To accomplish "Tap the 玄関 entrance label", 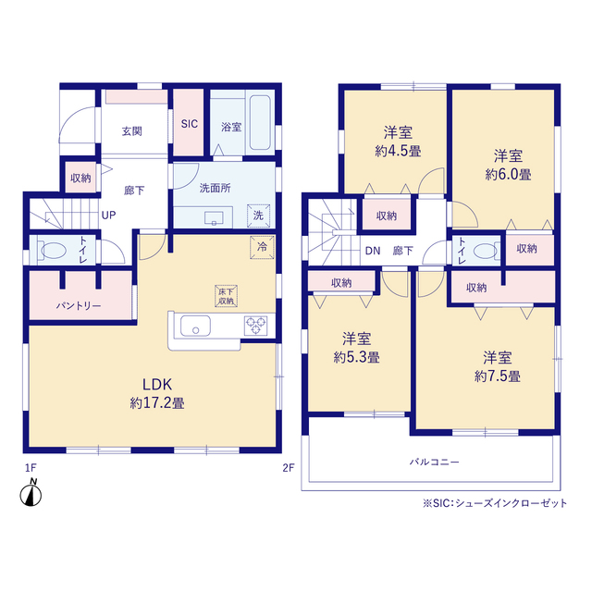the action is pos(131,131).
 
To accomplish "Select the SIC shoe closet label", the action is pos(189,124).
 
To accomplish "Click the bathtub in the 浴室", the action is pos(260,123).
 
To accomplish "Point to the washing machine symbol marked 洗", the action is pos(259,216).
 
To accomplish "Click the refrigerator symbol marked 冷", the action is pos(262,247).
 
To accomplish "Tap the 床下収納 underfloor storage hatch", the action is pos(226,296).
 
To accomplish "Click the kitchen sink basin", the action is pos(195,326).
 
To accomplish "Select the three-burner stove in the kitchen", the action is pos(255,326).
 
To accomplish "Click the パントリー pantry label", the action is pos(79,305).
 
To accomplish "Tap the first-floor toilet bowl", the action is pos(54,251).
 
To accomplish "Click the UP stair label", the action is pos(109,216).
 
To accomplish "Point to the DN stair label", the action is pos(373,251).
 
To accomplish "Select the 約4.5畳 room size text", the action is pos(398,152).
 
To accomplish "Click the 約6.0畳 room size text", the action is pos(508,175).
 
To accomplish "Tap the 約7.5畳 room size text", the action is pos(498,376).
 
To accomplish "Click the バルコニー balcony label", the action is pos(435,462).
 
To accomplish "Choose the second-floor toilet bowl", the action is pos(485,251).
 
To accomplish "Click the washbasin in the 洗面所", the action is pos(214,218).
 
